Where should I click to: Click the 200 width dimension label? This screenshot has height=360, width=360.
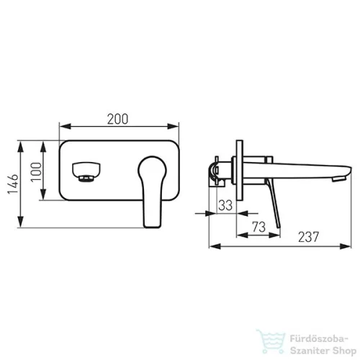117,119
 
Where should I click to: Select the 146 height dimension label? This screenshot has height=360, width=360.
13,184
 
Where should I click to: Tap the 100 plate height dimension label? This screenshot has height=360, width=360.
36,172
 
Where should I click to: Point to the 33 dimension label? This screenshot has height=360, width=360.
225,205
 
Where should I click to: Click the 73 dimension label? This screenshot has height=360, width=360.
258,227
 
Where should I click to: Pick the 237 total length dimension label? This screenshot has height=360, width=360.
309,237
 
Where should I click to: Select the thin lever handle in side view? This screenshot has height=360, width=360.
273,204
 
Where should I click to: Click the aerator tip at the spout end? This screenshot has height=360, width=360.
338,179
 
